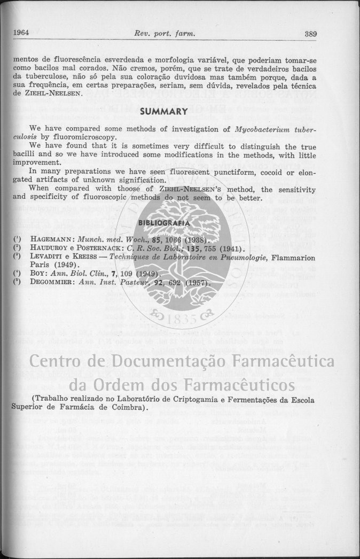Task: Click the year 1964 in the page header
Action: (x=21, y=34)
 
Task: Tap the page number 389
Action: (x=311, y=34)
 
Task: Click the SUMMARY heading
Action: (x=163, y=112)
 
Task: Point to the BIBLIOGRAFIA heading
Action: (x=163, y=222)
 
